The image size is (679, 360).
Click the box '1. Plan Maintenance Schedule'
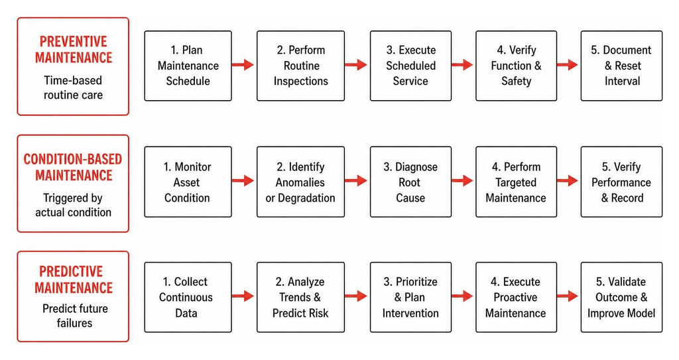(x=188, y=66)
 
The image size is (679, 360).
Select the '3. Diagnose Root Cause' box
(x=410, y=182)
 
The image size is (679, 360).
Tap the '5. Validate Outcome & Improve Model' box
(x=621, y=297)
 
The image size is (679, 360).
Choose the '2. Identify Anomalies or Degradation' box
(x=300, y=182)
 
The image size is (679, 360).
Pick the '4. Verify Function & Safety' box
(x=516, y=66)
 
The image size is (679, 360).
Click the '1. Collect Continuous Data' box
(x=188, y=297)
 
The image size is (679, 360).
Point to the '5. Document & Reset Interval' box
(x=621, y=66)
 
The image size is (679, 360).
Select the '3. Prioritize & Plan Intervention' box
(x=410, y=297)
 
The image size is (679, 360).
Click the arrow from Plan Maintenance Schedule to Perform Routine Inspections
(x=243, y=65)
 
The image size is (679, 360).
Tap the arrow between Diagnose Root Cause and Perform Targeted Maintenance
(x=462, y=180)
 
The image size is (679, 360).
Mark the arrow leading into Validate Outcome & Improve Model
(x=568, y=296)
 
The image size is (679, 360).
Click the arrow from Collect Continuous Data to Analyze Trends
(x=243, y=296)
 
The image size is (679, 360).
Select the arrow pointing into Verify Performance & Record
(x=568, y=180)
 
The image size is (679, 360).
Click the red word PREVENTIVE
(x=73, y=42)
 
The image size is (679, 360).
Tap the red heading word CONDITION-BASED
(x=73, y=159)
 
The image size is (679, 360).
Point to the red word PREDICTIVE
(x=71, y=271)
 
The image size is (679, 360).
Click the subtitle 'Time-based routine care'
(x=73, y=88)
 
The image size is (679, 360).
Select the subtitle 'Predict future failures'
(x=75, y=316)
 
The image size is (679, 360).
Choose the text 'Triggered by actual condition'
(x=73, y=205)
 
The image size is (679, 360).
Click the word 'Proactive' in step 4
(x=515, y=298)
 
